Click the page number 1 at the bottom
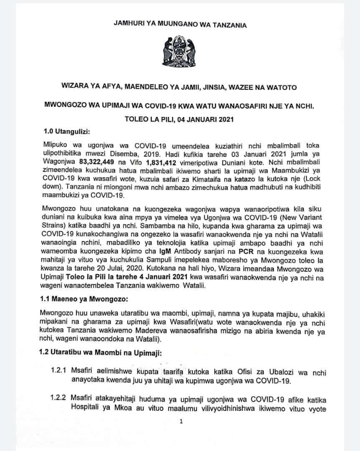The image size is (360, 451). (180, 422)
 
